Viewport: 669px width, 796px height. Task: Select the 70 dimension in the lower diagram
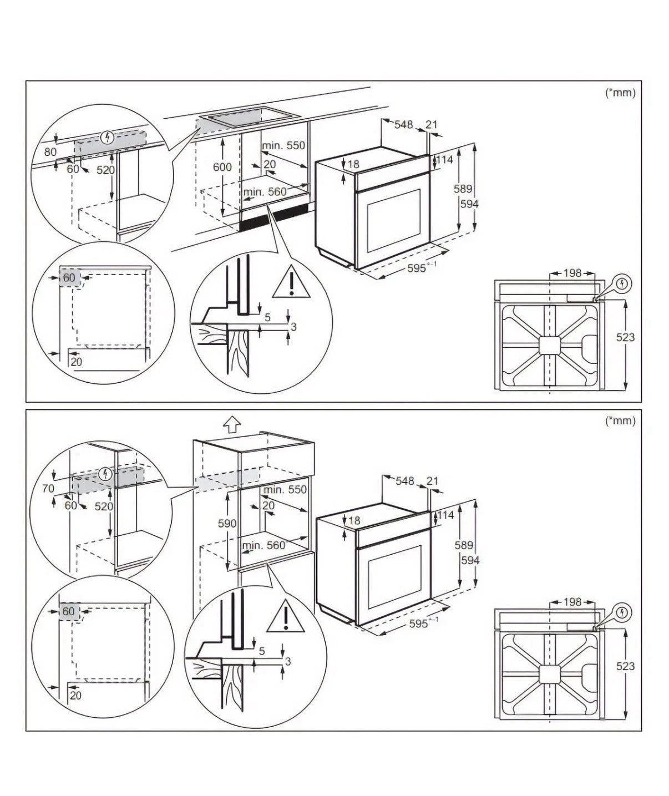[x=48, y=488]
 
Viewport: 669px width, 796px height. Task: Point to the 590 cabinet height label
[x=227, y=523]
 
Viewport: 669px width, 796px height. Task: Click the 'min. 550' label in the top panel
[x=283, y=145]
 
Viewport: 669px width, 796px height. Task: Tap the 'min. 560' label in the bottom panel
[x=263, y=545]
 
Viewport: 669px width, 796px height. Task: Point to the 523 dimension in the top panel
[x=625, y=337]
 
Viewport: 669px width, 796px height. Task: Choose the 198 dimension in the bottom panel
[x=572, y=601]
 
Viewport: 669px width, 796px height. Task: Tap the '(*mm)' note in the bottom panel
[x=620, y=420]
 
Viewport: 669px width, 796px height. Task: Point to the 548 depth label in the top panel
[x=404, y=124]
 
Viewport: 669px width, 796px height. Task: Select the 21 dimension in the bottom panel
[x=432, y=480]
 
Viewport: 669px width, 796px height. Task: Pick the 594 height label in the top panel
[x=469, y=204]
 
